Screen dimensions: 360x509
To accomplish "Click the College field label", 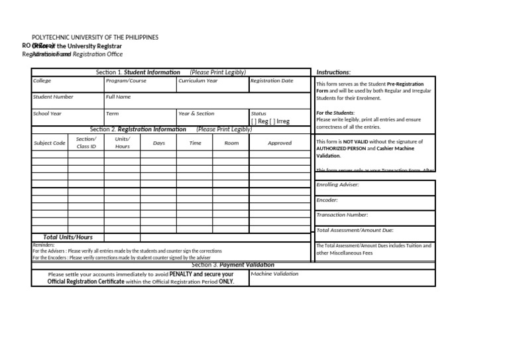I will (x=42, y=81).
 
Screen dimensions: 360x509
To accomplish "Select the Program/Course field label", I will (x=126, y=81).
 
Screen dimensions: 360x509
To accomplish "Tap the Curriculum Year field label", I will (x=198, y=81).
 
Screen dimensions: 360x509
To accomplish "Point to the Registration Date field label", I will (x=272, y=81).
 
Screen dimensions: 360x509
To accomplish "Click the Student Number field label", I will (x=53, y=97).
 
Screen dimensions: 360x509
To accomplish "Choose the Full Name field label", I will (x=119, y=97).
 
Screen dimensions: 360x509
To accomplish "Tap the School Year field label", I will (x=47, y=113).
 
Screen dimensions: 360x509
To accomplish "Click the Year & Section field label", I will (x=197, y=113).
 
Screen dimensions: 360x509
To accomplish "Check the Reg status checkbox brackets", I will (x=254, y=121).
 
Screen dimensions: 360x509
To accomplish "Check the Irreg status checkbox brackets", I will (x=273, y=121).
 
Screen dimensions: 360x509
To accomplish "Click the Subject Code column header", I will (x=50, y=143).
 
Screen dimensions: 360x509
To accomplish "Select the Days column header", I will (x=159, y=143).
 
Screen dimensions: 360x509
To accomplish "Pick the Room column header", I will (x=231, y=143).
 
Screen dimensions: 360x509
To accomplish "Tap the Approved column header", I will (x=279, y=143).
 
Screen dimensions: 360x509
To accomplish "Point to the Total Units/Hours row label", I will (x=68, y=237).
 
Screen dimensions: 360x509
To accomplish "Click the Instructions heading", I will (x=333, y=72).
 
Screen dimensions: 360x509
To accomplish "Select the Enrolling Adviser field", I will (x=337, y=185).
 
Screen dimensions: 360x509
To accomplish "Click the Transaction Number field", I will (x=342, y=215).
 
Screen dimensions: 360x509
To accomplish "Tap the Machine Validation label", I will (x=275, y=274).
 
